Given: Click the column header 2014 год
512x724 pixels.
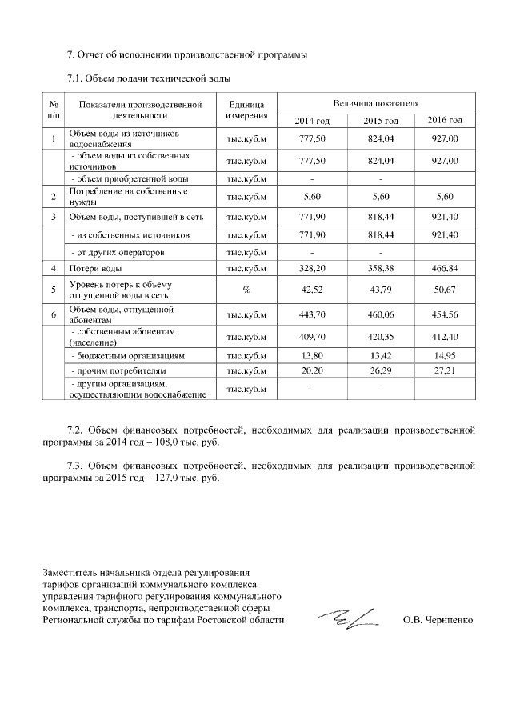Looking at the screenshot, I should click(311, 120).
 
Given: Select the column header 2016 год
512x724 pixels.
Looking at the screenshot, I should click(445, 120).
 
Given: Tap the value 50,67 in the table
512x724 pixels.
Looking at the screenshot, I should click(445, 290).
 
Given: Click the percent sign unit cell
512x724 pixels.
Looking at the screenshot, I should click(246, 290).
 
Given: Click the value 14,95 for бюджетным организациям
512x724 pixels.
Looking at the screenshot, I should click(445, 354).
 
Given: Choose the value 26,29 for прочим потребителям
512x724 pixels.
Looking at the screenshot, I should click(379, 371).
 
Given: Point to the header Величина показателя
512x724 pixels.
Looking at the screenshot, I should click(377, 103).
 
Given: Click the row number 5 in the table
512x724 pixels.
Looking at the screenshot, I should click(54, 290).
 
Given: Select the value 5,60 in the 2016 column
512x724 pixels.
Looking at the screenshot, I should click(445, 196).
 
